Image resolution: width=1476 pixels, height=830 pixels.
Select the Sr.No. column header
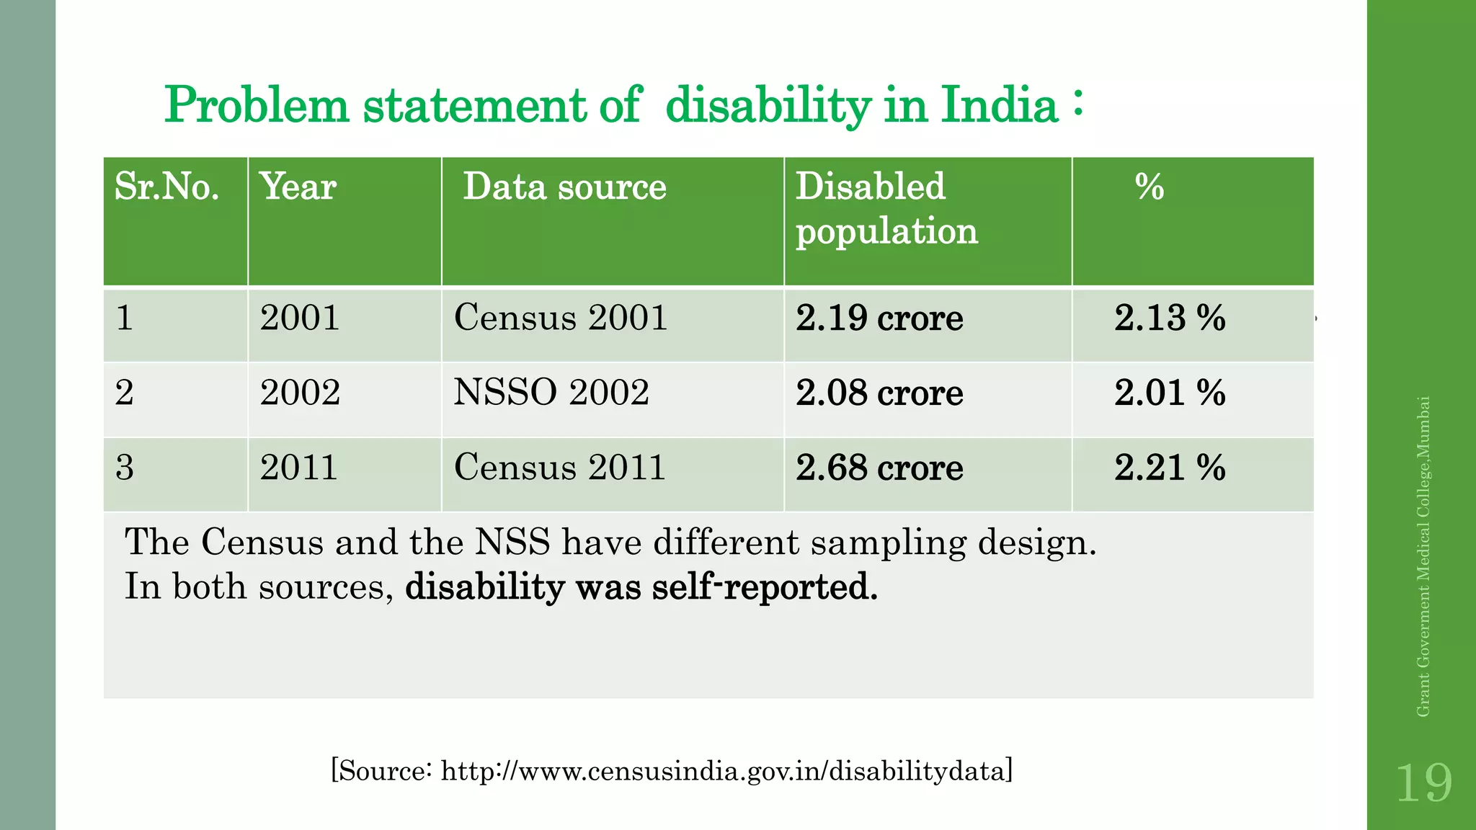[167, 187]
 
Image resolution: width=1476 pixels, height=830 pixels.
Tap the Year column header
[298, 187]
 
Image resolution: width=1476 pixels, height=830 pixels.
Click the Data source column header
[564, 187]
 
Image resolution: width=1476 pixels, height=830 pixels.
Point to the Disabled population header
[886, 209]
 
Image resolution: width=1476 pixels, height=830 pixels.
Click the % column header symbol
[1150, 187]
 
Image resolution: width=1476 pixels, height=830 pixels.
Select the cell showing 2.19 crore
[879, 318]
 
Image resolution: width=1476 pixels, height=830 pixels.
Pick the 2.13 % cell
[1170, 318]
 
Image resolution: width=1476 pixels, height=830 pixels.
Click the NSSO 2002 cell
[551, 393]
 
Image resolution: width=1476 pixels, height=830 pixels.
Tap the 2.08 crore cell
[879, 393]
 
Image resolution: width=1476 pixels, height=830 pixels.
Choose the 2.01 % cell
[1170, 393]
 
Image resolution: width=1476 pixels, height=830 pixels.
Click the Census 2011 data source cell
[560, 467]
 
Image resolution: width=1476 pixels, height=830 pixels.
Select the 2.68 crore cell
[879, 468]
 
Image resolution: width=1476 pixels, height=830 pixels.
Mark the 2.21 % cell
[1170, 468]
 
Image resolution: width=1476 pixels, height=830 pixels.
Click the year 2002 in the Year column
[300, 393]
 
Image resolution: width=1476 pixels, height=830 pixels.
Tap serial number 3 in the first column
[125, 468]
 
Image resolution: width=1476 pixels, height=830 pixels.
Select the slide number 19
[1423, 783]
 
